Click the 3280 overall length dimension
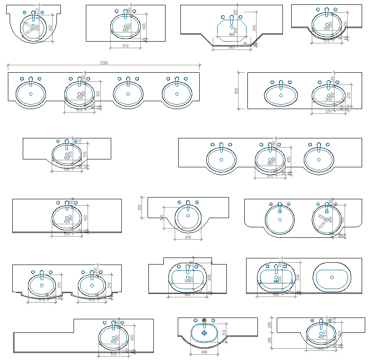tap(104, 63)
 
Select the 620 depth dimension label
tap(236, 91)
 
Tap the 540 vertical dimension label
tap(254, 27)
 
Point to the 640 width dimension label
tap(232, 47)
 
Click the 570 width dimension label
tap(329, 112)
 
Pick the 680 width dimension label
tap(187, 295)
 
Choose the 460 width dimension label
tap(204, 351)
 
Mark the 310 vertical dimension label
tap(224, 333)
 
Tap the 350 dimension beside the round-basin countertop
tap(140, 207)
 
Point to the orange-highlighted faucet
tap(204, 320)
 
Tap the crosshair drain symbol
tap(204, 332)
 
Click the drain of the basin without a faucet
tap(332, 277)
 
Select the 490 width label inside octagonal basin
tap(232, 34)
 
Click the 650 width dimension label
tap(276, 295)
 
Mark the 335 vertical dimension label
tap(162, 217)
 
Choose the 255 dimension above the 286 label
tap(270, 325)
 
